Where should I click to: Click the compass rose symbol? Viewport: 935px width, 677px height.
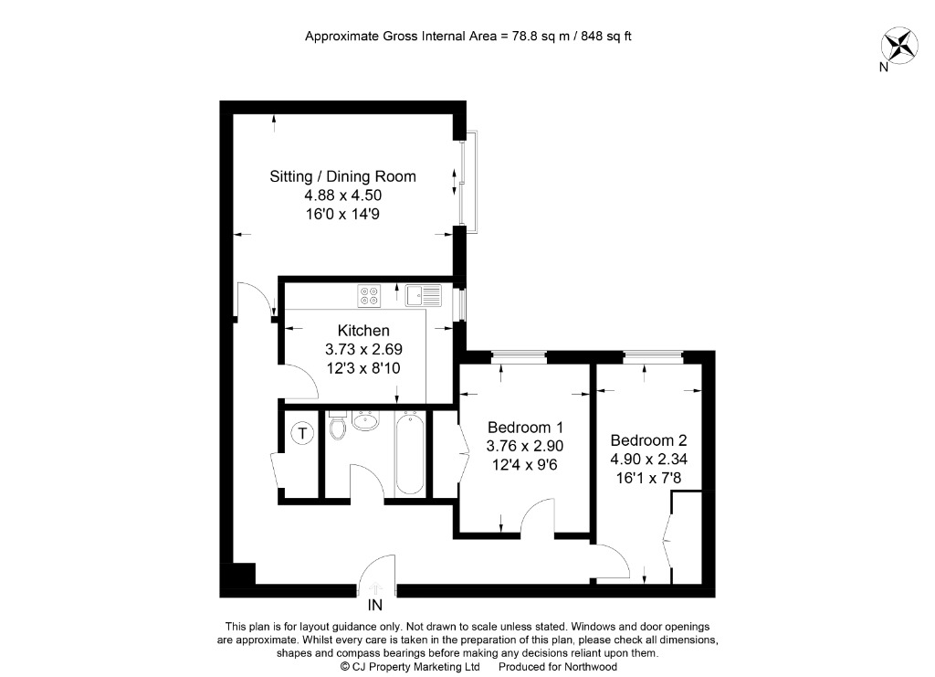[x=898, y=46]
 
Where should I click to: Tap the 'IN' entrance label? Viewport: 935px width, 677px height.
[x=374, y=605]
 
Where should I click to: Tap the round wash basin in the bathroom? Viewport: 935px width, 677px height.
[x=366, y=422]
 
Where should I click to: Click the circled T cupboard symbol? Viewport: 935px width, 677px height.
[x=301, y=433]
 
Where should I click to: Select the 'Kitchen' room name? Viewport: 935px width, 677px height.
[x=363, y=331]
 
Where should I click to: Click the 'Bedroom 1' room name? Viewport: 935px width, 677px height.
[x=525, y=427]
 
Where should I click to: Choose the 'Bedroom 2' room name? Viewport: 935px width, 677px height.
[x=648, y=439]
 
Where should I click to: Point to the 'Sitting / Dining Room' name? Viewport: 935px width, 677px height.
[x=342, y=176]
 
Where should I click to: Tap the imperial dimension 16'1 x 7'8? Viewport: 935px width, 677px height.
[x=648, y=476]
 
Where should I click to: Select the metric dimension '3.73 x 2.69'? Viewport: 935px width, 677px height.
[x=363, y=349]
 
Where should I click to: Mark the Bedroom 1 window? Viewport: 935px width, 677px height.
[x=519, y=355]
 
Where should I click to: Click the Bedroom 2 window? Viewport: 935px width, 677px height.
[x=653, y=355]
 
